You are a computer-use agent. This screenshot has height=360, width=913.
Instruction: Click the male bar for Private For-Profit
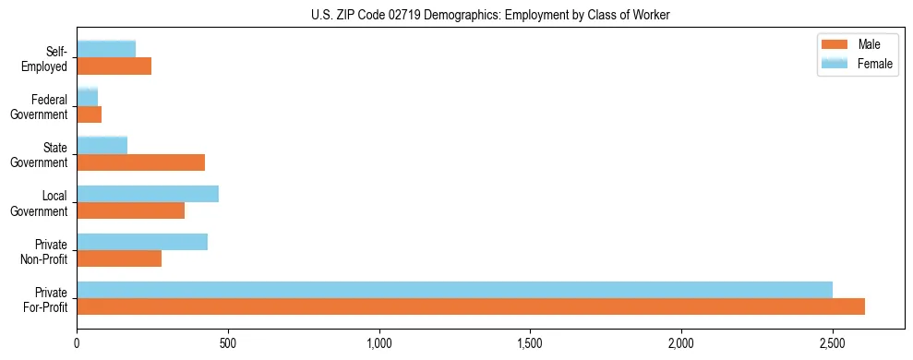471,306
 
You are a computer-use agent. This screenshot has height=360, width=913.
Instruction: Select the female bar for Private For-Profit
454,290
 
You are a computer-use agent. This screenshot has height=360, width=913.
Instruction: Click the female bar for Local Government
148,194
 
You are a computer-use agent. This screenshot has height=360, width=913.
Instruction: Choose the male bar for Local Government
130,210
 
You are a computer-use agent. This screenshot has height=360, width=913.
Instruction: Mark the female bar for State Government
102,146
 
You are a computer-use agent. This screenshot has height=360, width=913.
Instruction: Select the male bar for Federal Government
89,114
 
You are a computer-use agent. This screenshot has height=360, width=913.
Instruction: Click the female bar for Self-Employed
106,49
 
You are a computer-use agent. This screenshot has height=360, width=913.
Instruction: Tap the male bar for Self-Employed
114,66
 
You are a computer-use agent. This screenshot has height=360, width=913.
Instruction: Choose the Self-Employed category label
44,58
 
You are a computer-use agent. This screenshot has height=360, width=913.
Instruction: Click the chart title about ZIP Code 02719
490,15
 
